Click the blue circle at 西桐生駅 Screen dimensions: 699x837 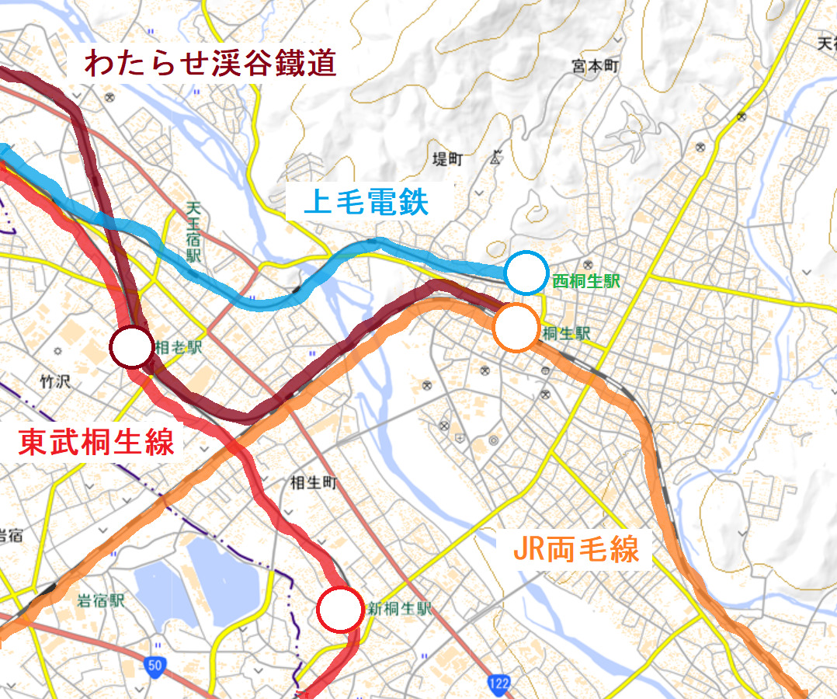click(x=527, y=273)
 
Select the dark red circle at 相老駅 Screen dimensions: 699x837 click(x=132, y=346)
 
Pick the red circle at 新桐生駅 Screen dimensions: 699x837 click(x=340, y=610)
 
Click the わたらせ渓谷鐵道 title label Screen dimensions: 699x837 click(x=210, y=63)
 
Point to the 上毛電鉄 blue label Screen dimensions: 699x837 click(x=366, y=203)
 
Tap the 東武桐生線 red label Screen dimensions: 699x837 click(x=97, y=442)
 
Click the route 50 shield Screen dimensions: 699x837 click(x=155, y=665)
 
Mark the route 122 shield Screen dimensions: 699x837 click(x=499, y=682)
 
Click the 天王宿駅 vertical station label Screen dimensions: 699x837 click(x=193, y=231)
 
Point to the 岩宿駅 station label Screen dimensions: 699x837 click(x=101, y=600)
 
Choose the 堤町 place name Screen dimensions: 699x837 click(x=447, y=159)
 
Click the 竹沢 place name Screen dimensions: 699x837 click(x=54, y=381)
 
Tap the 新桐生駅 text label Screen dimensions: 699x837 click(x=399, y=609)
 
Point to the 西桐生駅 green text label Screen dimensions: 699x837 click(x=586, y=282)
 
